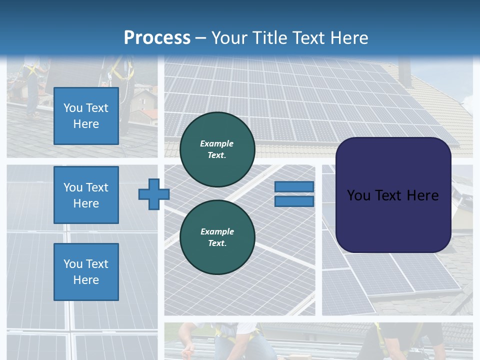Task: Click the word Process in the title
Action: pyautogui.click(x=157, y=38)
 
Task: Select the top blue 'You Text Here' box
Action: pyautogui.click(x=86, y=116)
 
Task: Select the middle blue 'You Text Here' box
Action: pyautogui.click(x=86, y=195)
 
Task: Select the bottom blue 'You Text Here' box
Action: pyautogui.click(x=86, y=271)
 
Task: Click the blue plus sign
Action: pyautogui.click(x=154, y=194)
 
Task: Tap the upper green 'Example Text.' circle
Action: pyautogui.click(x=217, y=149)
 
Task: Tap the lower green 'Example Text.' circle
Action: pyautogui.click(x=217, y=237)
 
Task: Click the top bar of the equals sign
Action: pyautogui.click(x=294, y=186)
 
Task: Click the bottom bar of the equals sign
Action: pyautogui.click(x=294, y=201)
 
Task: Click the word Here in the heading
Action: pyautogui.click(x=349, y=38)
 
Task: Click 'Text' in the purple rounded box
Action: pyautogui.click(x=389, y=195)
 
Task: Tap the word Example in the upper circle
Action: pyautogui.click(x=217, y=143)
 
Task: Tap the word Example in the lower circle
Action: pyautogui.click(x=217, y=231)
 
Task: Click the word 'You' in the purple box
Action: pyautogui.click(x=358, y=195)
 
